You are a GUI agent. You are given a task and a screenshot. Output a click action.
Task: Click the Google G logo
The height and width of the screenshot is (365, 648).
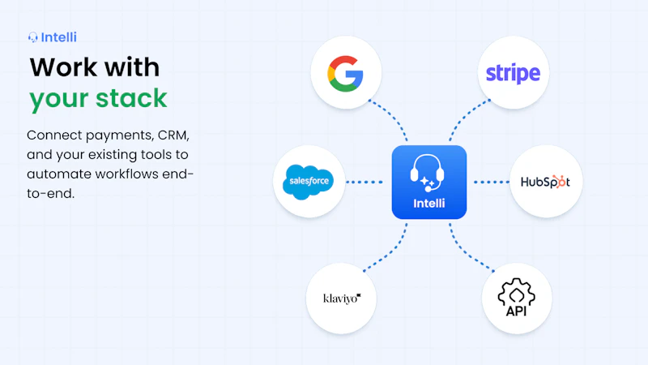point(346,73)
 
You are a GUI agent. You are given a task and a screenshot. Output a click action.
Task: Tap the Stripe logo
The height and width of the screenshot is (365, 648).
point(513,74)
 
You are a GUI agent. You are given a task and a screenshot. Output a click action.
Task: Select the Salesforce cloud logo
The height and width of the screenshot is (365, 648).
point(309,182)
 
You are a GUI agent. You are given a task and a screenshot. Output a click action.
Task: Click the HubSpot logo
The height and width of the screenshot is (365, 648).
point(545,182)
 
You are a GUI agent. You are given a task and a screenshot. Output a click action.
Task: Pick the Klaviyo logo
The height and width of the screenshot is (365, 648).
point(342,298)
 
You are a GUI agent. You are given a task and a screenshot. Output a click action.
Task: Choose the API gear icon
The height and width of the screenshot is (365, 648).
point(516,297)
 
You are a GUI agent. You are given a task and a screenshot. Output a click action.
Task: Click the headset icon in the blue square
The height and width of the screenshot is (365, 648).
point(428,173)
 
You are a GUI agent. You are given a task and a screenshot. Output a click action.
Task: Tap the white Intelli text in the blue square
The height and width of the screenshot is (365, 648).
point(429,204)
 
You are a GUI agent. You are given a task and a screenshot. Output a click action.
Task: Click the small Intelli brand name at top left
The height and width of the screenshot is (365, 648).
point(58,37)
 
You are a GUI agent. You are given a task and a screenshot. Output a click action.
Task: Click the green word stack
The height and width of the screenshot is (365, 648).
point(131,98)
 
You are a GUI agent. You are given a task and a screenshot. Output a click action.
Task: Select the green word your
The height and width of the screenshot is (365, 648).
point(58,101)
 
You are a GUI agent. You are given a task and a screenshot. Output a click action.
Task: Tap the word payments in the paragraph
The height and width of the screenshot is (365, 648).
point(118,136)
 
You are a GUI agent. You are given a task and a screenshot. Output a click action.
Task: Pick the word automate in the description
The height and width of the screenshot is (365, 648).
point(59,174)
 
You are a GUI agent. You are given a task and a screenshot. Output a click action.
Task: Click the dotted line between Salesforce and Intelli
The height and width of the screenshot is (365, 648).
point(364,182)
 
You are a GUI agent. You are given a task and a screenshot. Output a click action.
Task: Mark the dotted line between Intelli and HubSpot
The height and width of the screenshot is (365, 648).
point(492,182)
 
